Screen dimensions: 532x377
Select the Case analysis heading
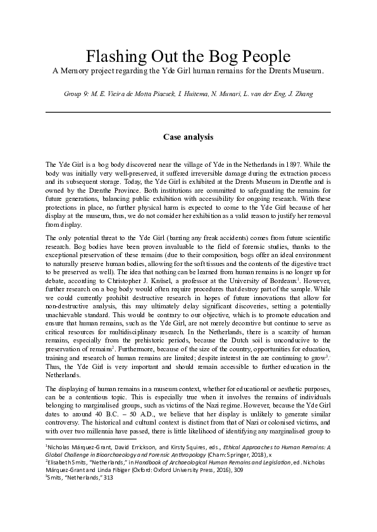[188, 136]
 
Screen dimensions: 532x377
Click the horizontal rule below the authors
[188, 112]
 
